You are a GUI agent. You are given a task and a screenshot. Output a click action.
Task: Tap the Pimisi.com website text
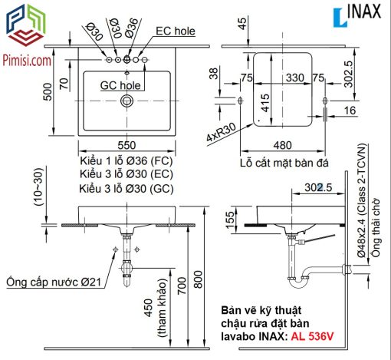point(27,61)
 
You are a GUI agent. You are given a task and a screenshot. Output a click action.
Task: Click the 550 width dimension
point(127,145)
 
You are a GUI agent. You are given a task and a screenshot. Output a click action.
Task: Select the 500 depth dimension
point(48,92)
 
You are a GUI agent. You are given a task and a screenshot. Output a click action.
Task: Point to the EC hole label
point(176,31)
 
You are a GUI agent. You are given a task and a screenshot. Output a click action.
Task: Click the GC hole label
point(120,85)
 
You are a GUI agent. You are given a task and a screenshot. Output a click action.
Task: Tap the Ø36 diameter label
point(132,28)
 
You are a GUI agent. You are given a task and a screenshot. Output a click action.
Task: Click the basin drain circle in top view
point(127,101)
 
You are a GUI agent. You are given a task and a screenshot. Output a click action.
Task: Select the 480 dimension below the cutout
point(282,145)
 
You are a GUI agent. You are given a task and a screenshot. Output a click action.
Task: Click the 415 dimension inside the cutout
point(265,103)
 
